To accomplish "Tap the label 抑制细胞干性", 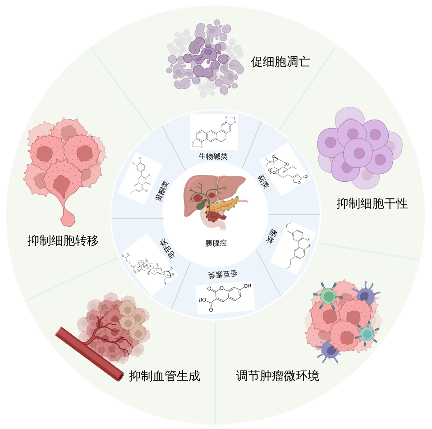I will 372,204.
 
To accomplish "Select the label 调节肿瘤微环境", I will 278,375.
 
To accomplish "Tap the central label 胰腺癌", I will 216,243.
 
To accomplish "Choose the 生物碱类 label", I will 216,157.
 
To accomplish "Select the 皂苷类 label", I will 165,249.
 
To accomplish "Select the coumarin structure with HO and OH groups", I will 225,297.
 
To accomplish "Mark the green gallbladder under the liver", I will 200,203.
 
